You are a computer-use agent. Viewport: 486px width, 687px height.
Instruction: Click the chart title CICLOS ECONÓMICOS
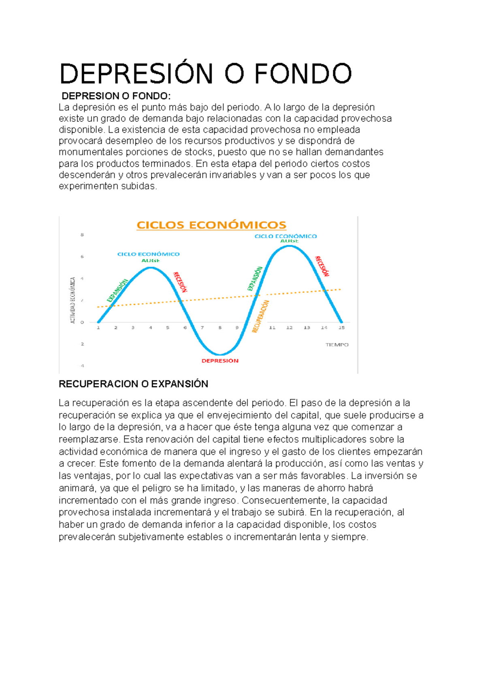coord(211,225)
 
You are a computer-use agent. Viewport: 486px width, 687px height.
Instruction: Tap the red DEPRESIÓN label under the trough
coord(220,360)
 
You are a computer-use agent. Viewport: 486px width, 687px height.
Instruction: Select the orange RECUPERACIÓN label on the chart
coord(260,316)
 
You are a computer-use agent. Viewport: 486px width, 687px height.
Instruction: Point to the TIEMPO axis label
coord(337,345)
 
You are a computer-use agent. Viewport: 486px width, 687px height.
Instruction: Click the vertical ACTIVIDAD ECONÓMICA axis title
coord(73,300)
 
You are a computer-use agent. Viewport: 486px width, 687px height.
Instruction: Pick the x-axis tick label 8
coord(220,328)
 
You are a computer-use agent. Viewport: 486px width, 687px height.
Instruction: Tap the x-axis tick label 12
coord(289,328)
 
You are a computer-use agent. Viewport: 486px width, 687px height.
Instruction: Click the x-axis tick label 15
coord(341,328)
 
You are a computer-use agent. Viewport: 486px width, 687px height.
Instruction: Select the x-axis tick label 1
coord(98,328)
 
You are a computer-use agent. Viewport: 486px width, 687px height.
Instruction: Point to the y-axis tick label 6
coord(82,257)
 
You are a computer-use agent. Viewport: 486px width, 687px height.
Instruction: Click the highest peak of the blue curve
coord(289,246)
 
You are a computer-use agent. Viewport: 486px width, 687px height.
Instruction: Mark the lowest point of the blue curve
coord(220,355)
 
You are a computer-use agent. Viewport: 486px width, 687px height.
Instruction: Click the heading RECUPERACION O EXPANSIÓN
coord(133,384)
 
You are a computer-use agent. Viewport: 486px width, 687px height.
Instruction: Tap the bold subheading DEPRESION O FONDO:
coord(116,96)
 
